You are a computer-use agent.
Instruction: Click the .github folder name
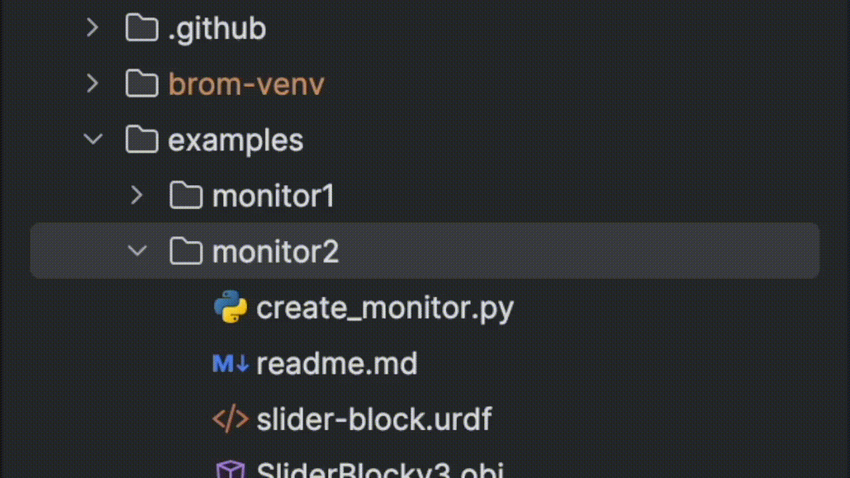pyautogui.click(x=216, y=29)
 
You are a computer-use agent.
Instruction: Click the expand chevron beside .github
pyautogui.click(x=92, y=28)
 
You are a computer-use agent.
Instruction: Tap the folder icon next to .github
pyautogui.click(x=141, y=29)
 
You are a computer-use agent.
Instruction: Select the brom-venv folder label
pyautogui.click(x=246, y=85)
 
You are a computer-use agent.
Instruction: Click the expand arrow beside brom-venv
pyautogui.click(x=92, y=84)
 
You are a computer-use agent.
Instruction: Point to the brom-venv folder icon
pyautogui.click(x=141, y=84)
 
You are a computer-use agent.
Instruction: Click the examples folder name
pyautogui.click(x=235, y=141)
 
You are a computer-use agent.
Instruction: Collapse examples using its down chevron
pyautogui.click(x=92, y=139)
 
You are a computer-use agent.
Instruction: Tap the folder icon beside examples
pyautogui.click(x=141, y=140)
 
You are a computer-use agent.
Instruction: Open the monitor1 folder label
pyautogui.click(x=273, y=197)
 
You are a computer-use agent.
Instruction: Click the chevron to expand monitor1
pyautogui.click(x=137, y=195)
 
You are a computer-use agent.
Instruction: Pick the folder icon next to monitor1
pyautogui.click(x=186, y=196)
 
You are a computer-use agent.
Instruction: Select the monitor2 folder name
pyautogui.click(x=275, y=252)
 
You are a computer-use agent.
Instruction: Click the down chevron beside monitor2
pyautogui.click(x=137, y=251)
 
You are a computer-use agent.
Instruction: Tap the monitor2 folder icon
pyautogui.click(x=186, y=252)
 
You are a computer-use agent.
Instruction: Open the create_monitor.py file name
pyautogui.click(x=384, y=308)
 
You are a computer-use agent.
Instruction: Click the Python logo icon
pyautogui.click(x=230, y=307)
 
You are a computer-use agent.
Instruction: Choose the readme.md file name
pyautogui.click(x=337, y=364)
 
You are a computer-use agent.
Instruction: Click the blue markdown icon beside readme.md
pyautogui.click(x=230, y=364)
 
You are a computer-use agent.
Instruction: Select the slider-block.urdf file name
pyautogui.click(x=374, y=420)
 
